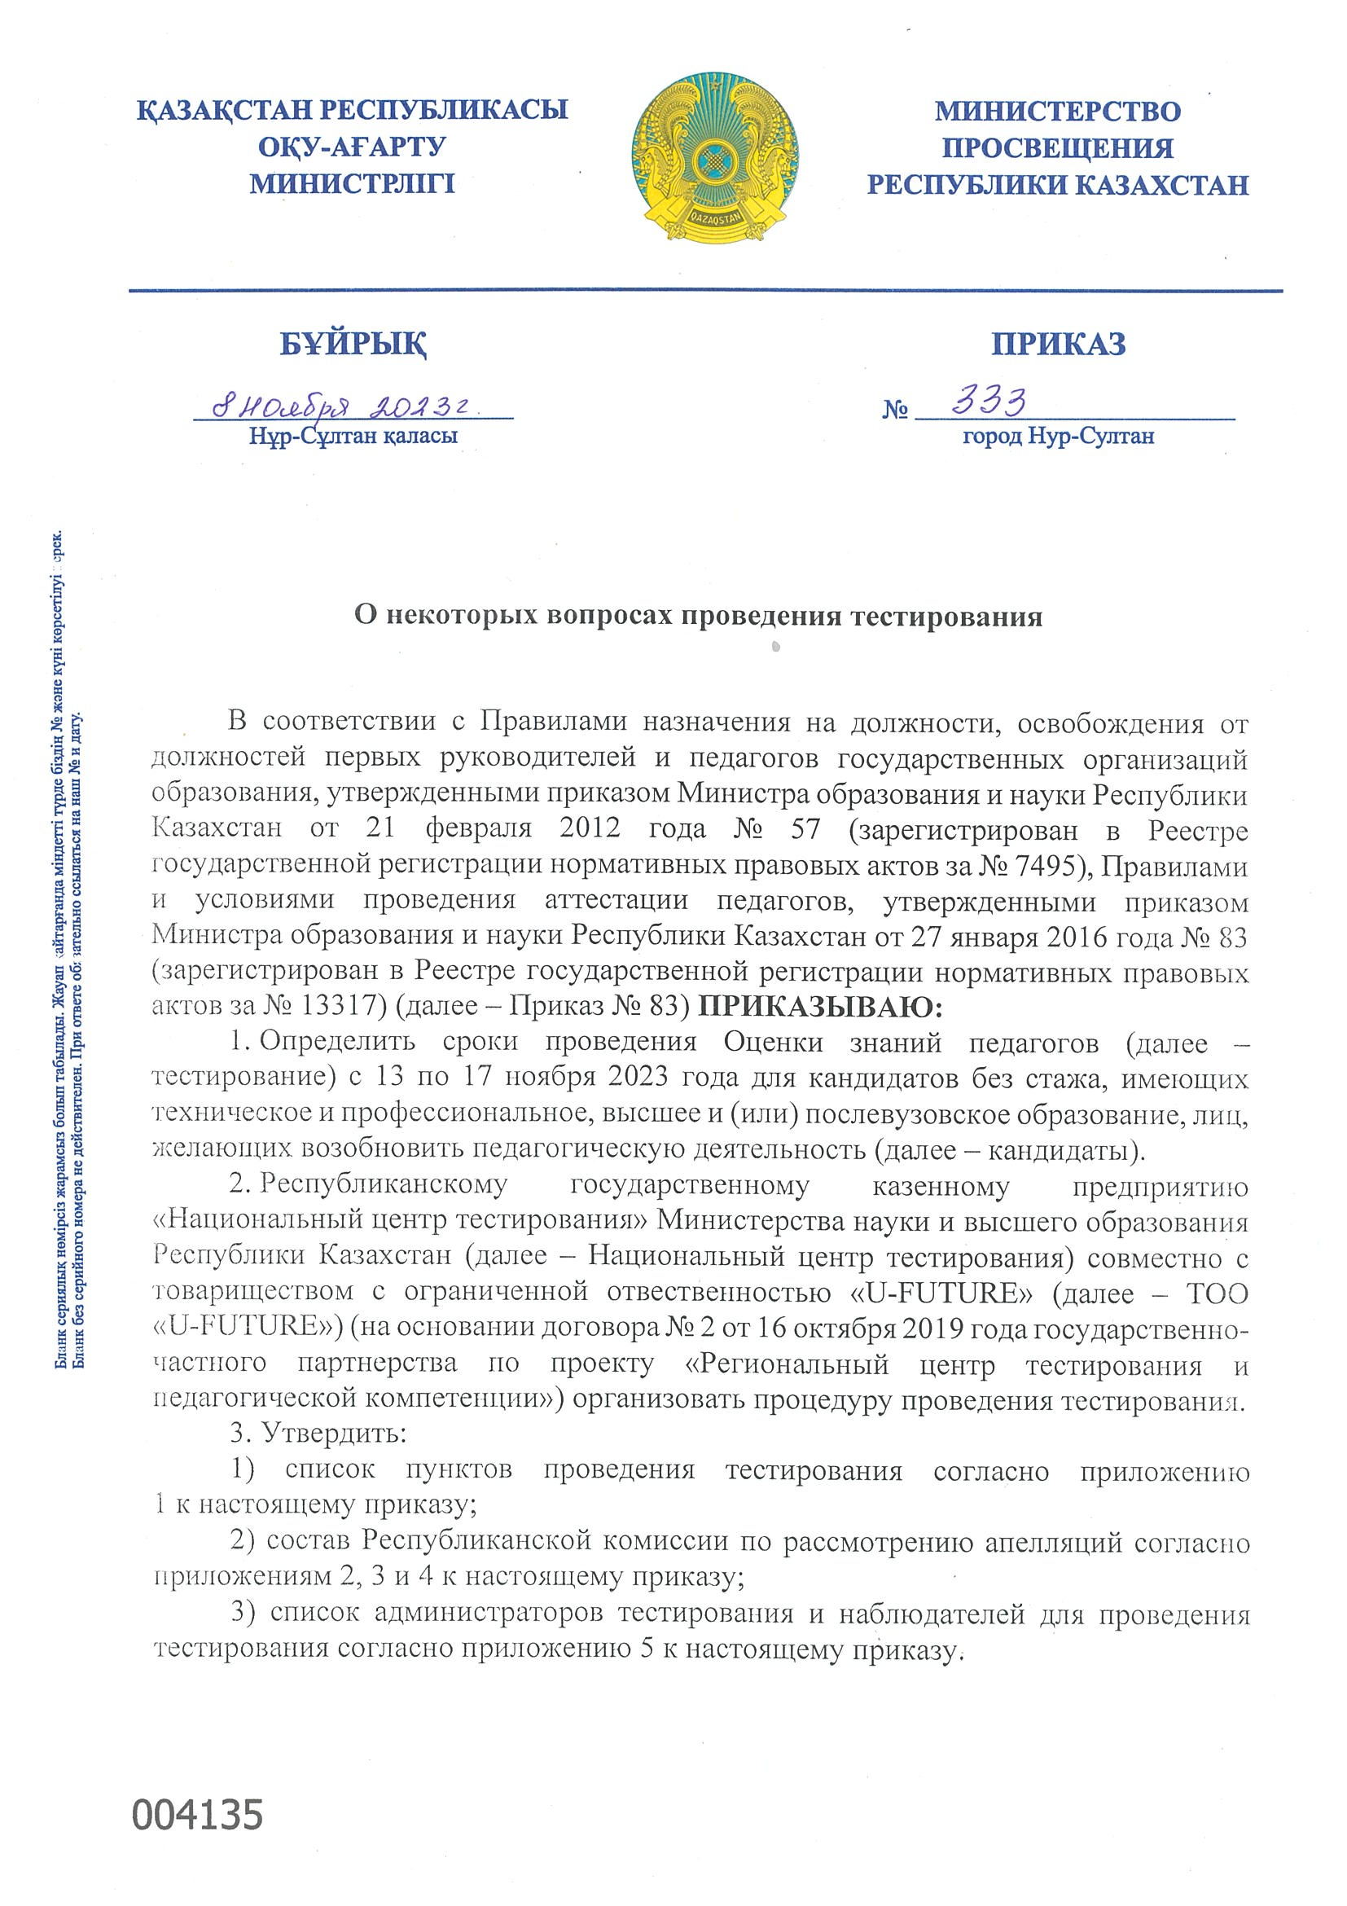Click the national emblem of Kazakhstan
(x=714, y=157)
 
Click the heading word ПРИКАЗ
(x=1058, y=343)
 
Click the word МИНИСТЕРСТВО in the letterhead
(x=1058, y=112)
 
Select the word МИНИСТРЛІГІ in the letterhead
(x=353, y=182)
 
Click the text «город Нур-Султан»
(x=1058, y=436)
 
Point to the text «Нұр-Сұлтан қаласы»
(x=353, y=437)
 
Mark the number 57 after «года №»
(x=805, y=829)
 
